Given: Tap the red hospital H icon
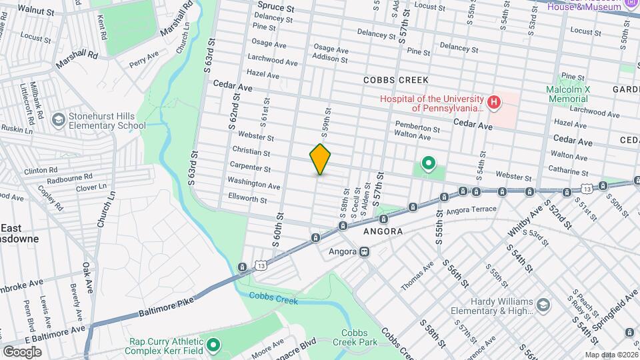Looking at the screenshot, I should [x=493, y=102].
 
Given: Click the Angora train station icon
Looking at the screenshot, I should [x=364, y=252].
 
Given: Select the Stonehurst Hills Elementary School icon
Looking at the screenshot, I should [x=59, y=120].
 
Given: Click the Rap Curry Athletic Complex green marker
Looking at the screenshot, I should [x=213, y=345].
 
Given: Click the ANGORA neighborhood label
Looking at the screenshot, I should [x=383, y=231].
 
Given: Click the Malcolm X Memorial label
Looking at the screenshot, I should [x=567, y=94].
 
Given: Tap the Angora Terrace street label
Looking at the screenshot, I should [x=473, y=209].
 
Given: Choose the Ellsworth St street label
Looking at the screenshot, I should [x=247, y=199].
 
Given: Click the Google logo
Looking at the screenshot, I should [x=22, y=351].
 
